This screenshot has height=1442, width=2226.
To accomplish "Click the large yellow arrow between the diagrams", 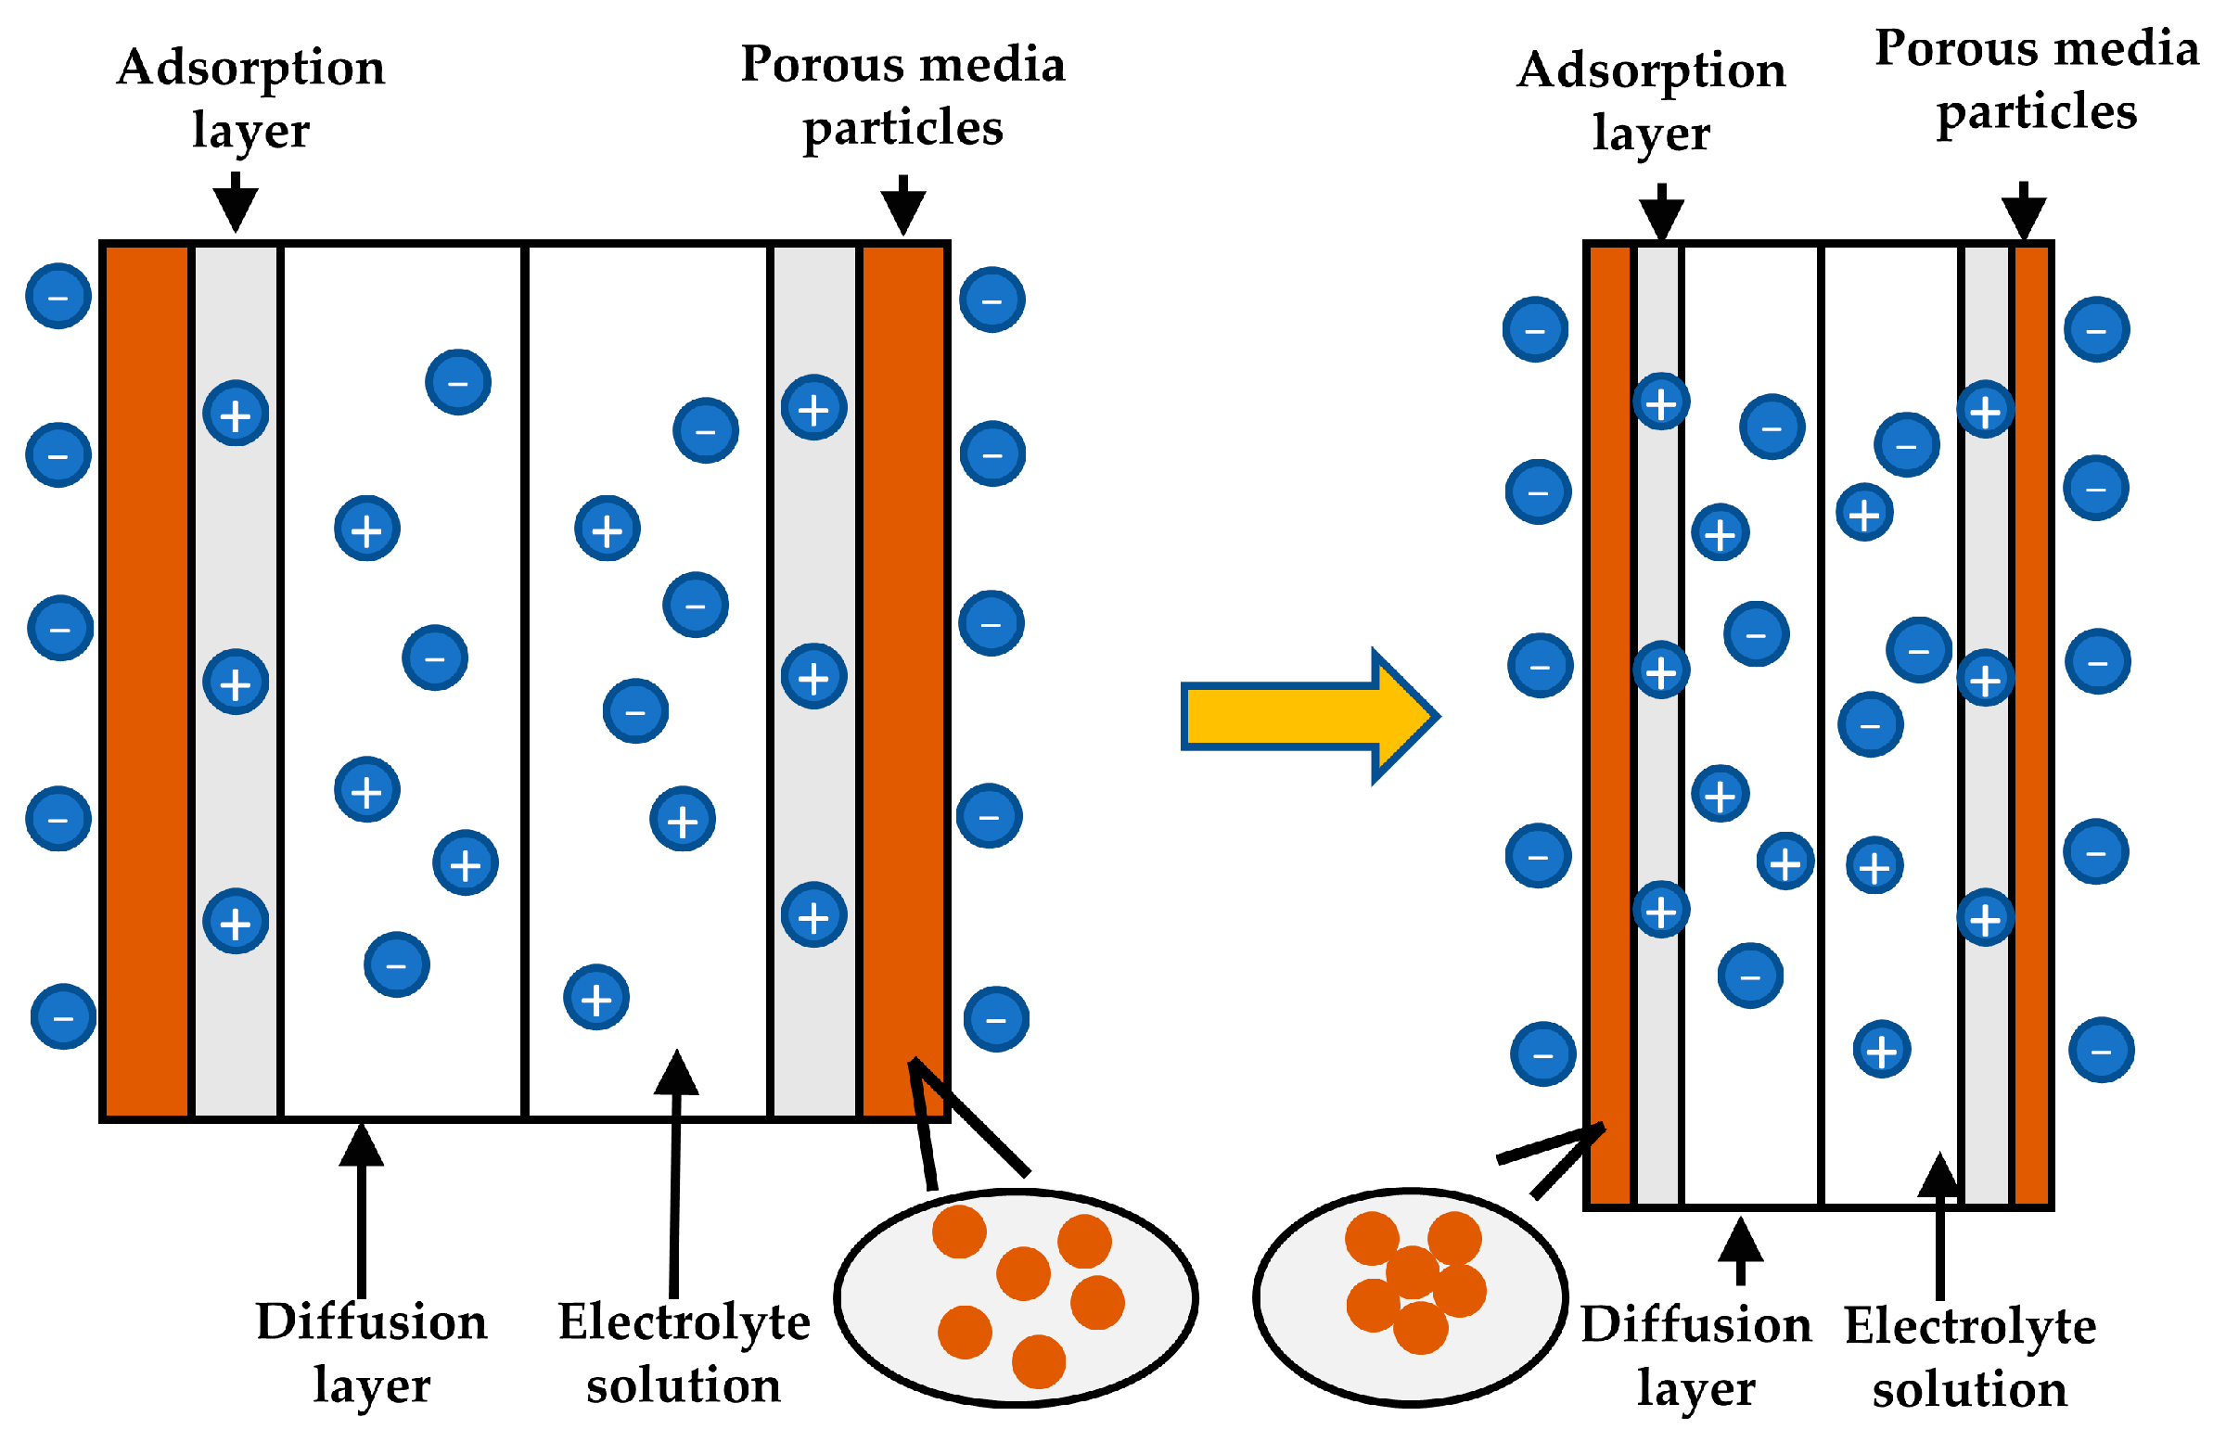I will [1300, 716].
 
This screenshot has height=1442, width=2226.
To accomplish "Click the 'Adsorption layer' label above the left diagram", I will [250, 98].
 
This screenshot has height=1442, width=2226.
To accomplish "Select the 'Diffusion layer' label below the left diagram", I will [371, 1352].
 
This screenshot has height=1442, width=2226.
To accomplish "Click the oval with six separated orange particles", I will [1016, 1297].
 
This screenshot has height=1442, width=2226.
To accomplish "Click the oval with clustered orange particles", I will [1410, 1296].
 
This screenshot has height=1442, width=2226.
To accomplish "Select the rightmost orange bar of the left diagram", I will [902, 681].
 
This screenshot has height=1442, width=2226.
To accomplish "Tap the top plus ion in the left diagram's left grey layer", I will [236, 414].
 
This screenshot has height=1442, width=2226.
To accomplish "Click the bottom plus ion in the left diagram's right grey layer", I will [813, 915].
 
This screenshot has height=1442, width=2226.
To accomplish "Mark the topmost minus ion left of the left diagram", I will [58, 297].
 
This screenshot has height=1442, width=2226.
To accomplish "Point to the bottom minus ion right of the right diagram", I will [2101, 1050].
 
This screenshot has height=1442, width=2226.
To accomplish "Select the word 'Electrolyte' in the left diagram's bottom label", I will [684, 1322].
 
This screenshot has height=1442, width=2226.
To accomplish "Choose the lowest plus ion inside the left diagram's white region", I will [595, 998].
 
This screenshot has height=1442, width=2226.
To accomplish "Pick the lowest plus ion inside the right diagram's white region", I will [1881, 1049].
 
